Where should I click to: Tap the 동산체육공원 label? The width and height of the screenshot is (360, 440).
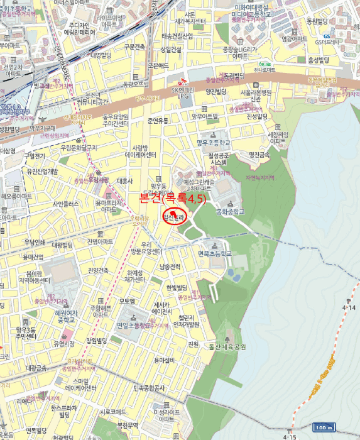click(x=225, y=347)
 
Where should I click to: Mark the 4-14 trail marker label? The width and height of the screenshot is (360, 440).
click(x=349, y=308)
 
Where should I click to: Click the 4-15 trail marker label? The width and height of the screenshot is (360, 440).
click(x=290, y=436)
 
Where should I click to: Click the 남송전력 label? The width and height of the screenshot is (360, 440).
click(x=170, y=267)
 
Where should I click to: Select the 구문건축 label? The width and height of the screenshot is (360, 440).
click(x=134, y=47)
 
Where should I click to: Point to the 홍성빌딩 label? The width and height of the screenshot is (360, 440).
click(x=319, y=60)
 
